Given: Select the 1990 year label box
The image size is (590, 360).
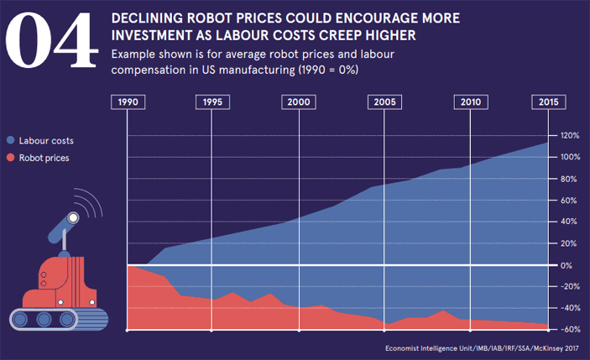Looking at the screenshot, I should pos(127,102).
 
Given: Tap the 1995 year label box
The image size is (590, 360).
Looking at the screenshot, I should pos(212,102).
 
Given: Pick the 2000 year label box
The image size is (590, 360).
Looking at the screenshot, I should pos(298,102).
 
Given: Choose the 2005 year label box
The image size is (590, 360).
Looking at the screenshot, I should pos(384,102).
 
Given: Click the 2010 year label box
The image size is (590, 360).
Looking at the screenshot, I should pos(469,102).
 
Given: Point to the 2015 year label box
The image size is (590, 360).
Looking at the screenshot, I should pos(548,102).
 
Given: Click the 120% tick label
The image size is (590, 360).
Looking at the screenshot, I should pos(570,136).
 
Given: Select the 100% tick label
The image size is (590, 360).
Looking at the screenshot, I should pos(570,158).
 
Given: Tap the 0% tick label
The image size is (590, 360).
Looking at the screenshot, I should pos(566,265).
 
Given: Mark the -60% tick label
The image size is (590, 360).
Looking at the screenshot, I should pos(569,330).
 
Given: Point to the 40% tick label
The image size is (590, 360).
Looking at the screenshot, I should pos(568,222).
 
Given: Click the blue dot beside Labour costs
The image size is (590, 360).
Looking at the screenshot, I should pos(10,141).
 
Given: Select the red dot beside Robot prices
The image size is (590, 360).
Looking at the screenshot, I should pos(10,157).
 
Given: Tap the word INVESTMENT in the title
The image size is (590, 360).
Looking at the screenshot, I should pos(157,36).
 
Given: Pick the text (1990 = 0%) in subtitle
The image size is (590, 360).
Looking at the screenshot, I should pos(325,70).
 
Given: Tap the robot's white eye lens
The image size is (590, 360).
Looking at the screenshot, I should pos(73,218).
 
